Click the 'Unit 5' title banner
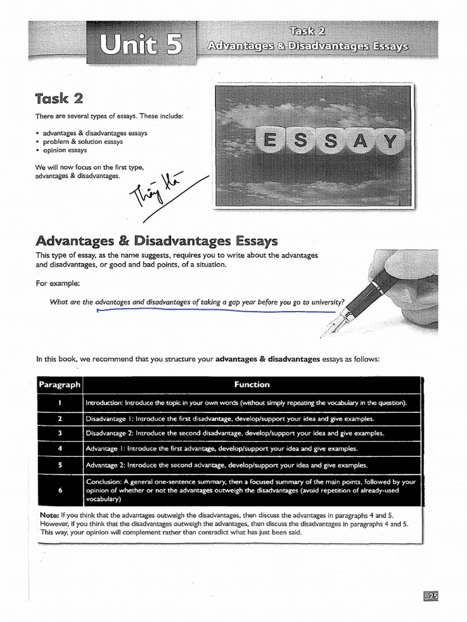[x=140, y=44]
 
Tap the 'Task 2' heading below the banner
[x=59, y=98]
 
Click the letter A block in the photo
[x=360, y=142]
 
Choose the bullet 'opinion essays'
[x=65, y=150]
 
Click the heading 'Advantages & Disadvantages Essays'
[x=157, y=241]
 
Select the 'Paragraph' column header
[x=59, y=384]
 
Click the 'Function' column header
[x=252, y=384]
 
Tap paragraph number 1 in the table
[x=60, y=403]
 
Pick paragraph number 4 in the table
[x=60, y=449]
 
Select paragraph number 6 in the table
[x=60, y=490]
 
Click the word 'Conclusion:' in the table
[x=105, y=482]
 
